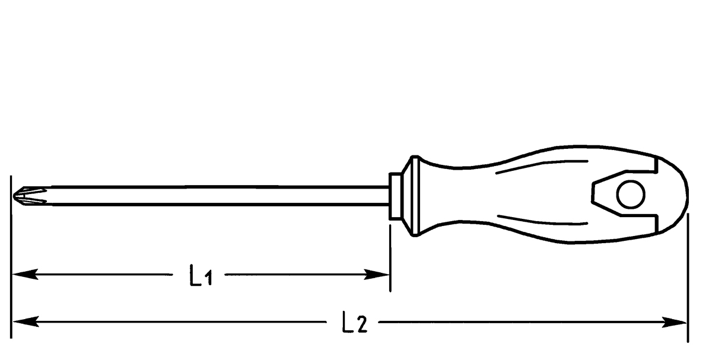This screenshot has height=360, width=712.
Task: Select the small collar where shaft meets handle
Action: coord(395,196)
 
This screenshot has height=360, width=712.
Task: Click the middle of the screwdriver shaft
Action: coord(202,196)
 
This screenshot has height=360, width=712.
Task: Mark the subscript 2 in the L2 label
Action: coord(363,326)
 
